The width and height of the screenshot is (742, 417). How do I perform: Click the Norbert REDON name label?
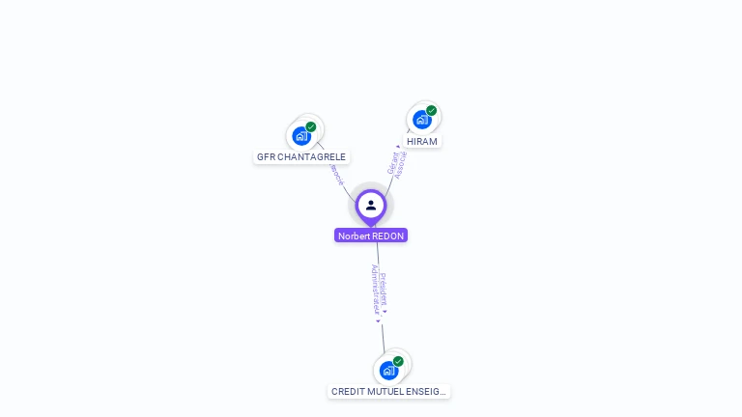coord(371,236)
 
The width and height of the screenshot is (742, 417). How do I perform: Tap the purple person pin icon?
coord(371,205)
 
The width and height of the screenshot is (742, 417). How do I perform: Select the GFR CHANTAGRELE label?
coord(301,156)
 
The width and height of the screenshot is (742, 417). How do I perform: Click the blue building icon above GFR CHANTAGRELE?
coord(301,136)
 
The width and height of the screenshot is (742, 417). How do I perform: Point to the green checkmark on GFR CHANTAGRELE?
coord(311,126)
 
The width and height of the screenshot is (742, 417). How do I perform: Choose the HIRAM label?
coord(422,141)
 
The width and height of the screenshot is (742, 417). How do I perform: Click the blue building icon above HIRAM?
coord(421,120)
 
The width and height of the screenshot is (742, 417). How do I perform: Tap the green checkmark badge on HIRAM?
coord(431,110)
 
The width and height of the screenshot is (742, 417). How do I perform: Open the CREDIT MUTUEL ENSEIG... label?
coord(388,391)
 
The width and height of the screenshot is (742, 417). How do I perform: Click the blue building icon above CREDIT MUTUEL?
coord(388,371)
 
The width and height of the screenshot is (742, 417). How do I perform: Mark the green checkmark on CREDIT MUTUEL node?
coord(398,361)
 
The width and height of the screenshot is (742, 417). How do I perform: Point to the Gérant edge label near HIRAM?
coord(393,163)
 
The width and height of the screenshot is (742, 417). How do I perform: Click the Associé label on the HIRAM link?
coord(402,165)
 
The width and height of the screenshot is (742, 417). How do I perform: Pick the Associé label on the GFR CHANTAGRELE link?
coord(336,174)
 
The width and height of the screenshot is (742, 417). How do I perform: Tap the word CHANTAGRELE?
coord(311,156)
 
